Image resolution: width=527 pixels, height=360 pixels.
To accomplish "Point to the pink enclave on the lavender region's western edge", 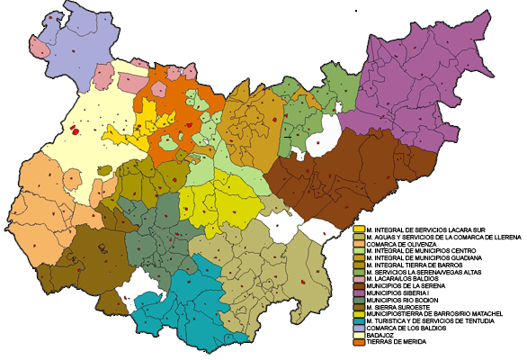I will click(40, 44).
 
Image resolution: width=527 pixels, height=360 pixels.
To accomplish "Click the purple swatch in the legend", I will click(359, 293).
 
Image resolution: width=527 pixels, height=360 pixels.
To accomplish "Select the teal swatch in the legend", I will click(359, 321).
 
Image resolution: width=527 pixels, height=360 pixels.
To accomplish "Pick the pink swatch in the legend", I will click(359, 279).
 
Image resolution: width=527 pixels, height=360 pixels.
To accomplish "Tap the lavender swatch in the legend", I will click(359, 328).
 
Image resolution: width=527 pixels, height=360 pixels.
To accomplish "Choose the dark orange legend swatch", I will click(359, 342).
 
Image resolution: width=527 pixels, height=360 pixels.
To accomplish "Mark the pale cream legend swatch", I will click(359, 335).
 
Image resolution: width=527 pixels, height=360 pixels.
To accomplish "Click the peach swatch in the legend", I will click(359, 243).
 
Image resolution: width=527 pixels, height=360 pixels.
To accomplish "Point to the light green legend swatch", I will click(359, 250).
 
